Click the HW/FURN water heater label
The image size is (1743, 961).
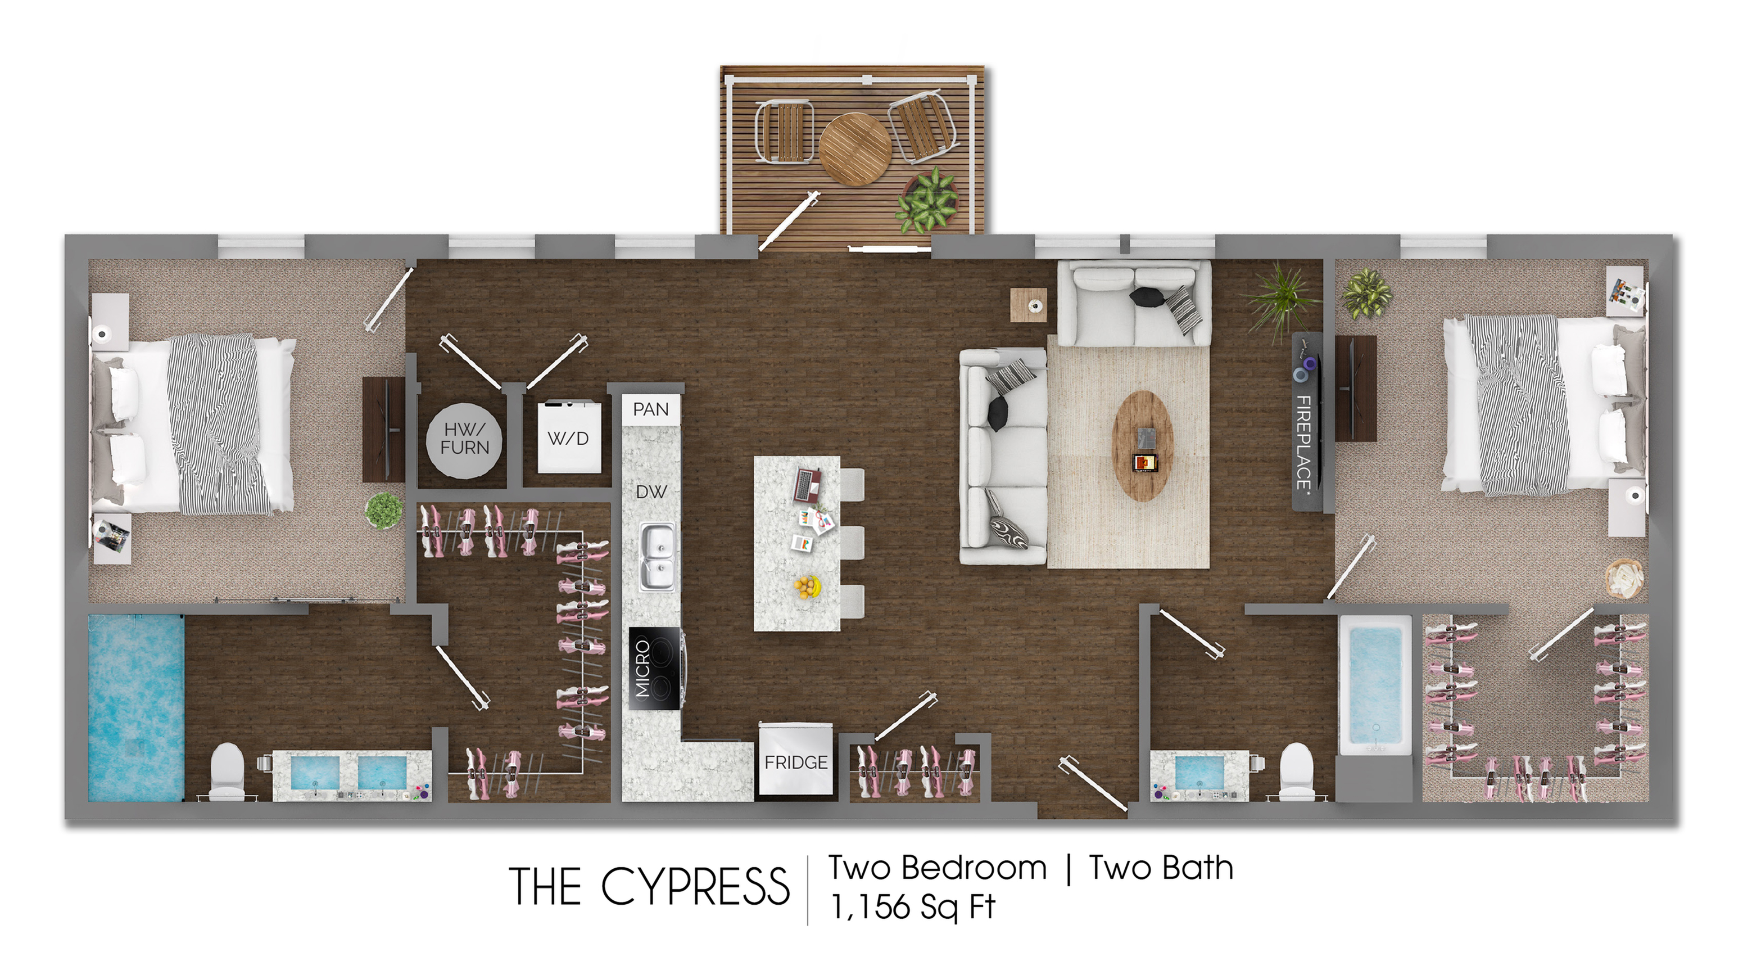point(465,438)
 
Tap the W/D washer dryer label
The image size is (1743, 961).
point(568,439)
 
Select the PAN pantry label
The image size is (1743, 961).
point(650,409)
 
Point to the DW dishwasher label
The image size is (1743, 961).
point(651,492)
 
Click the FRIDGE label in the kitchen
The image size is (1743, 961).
point(796,763)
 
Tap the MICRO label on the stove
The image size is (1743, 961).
point(643,669)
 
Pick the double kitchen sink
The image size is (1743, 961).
point(657,556)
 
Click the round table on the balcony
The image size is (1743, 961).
point(854,149)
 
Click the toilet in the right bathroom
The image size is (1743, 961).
point(1296,771)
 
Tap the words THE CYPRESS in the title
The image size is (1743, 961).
point(650,887)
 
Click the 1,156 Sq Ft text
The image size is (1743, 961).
point(913,907)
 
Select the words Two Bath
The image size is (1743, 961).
point(1161,868)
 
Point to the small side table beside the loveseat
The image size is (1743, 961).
point(1029,305)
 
